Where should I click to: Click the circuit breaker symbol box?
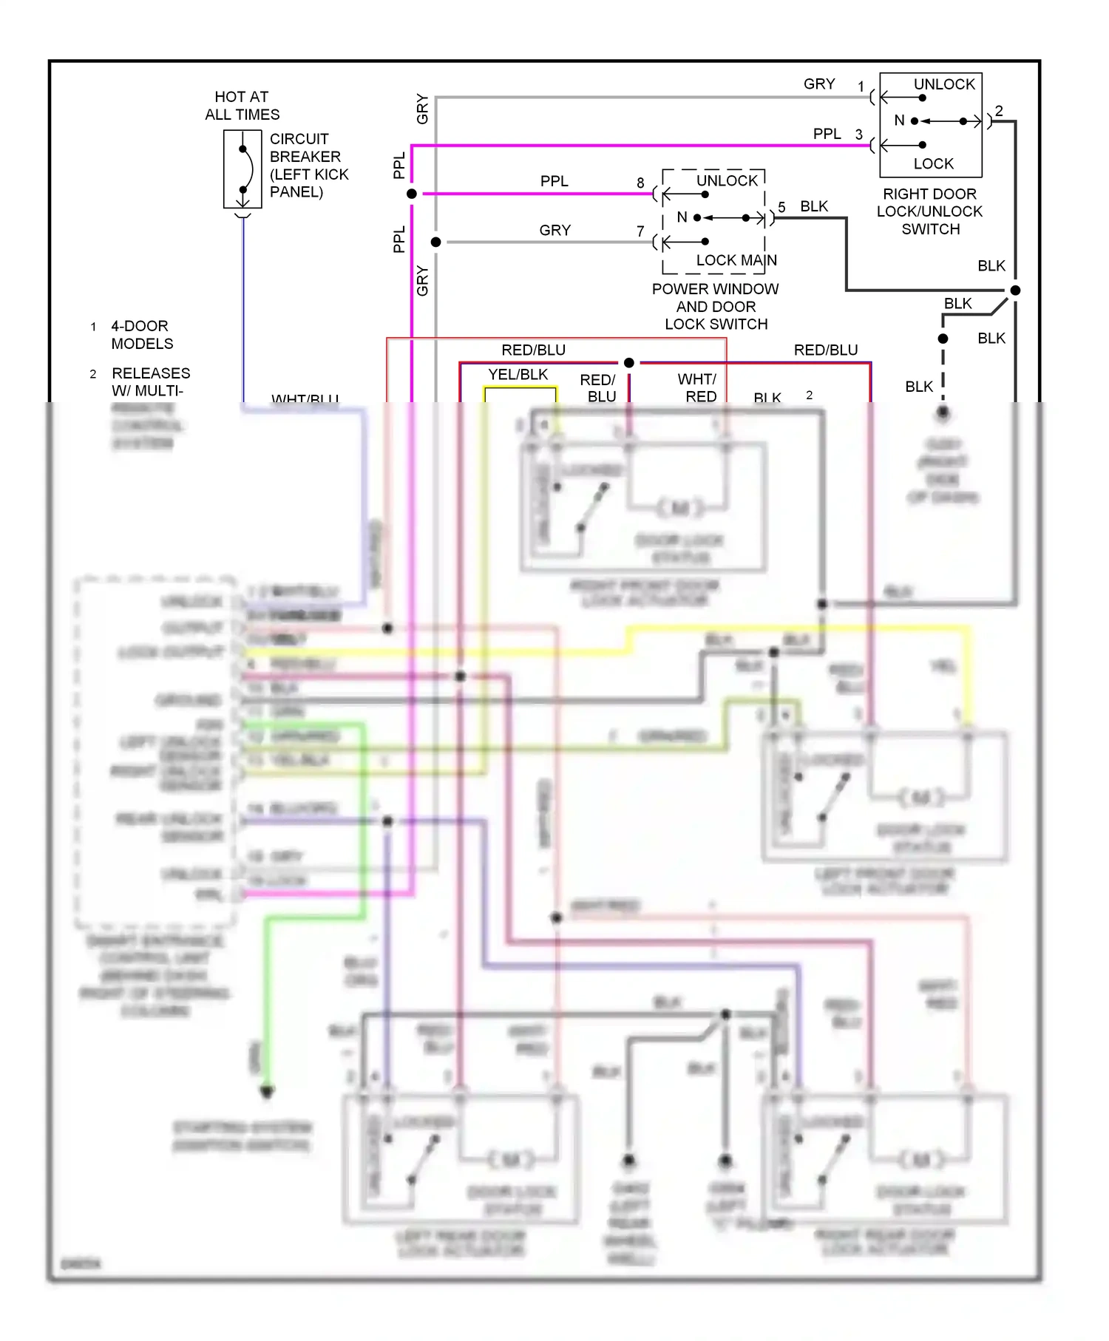pyautogui.click(x=243, y=169)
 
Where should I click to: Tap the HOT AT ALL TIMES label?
pyautogui.click(x=242, y=106)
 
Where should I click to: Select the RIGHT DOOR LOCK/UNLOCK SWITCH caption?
pyautogui.click(x=929, y=211)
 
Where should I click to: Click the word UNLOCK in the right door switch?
pyautogui.click(x=944, y=84)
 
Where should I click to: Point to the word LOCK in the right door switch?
pyautogui.click(x=933, y=163)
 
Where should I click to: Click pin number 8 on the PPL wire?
pyautogui.click(x=640, y=183)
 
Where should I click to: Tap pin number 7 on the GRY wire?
pyautogui.click(x=640, y=231)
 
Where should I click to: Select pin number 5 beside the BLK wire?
pyautogui.click(x=781, y=207)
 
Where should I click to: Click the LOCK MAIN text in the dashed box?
pyautogui.click(x=736, y=260)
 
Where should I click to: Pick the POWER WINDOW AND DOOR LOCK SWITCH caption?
pyautogui.click(x=715, y=306)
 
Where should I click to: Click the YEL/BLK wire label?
pyautogui.click(x=518, y=375)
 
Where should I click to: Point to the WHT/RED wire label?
pyautogui.click(x=697, y=388)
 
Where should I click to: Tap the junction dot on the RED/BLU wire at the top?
pyautogui.click(x=629, y=362)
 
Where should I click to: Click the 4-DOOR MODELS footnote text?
pyautogui.click(x=141, y=335)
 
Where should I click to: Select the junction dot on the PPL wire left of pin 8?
pyautogui.click(x=412, y=194)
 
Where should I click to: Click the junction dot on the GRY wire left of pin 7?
pyautogui.click(x=436, y=242)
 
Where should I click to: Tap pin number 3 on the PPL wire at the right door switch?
pyautogui.click(x=858, y=135)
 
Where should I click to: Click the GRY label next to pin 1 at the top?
pyautogui.click(x=819, y=84)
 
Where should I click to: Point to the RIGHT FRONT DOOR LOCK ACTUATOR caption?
pyautogui.click(x=644, y=593)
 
